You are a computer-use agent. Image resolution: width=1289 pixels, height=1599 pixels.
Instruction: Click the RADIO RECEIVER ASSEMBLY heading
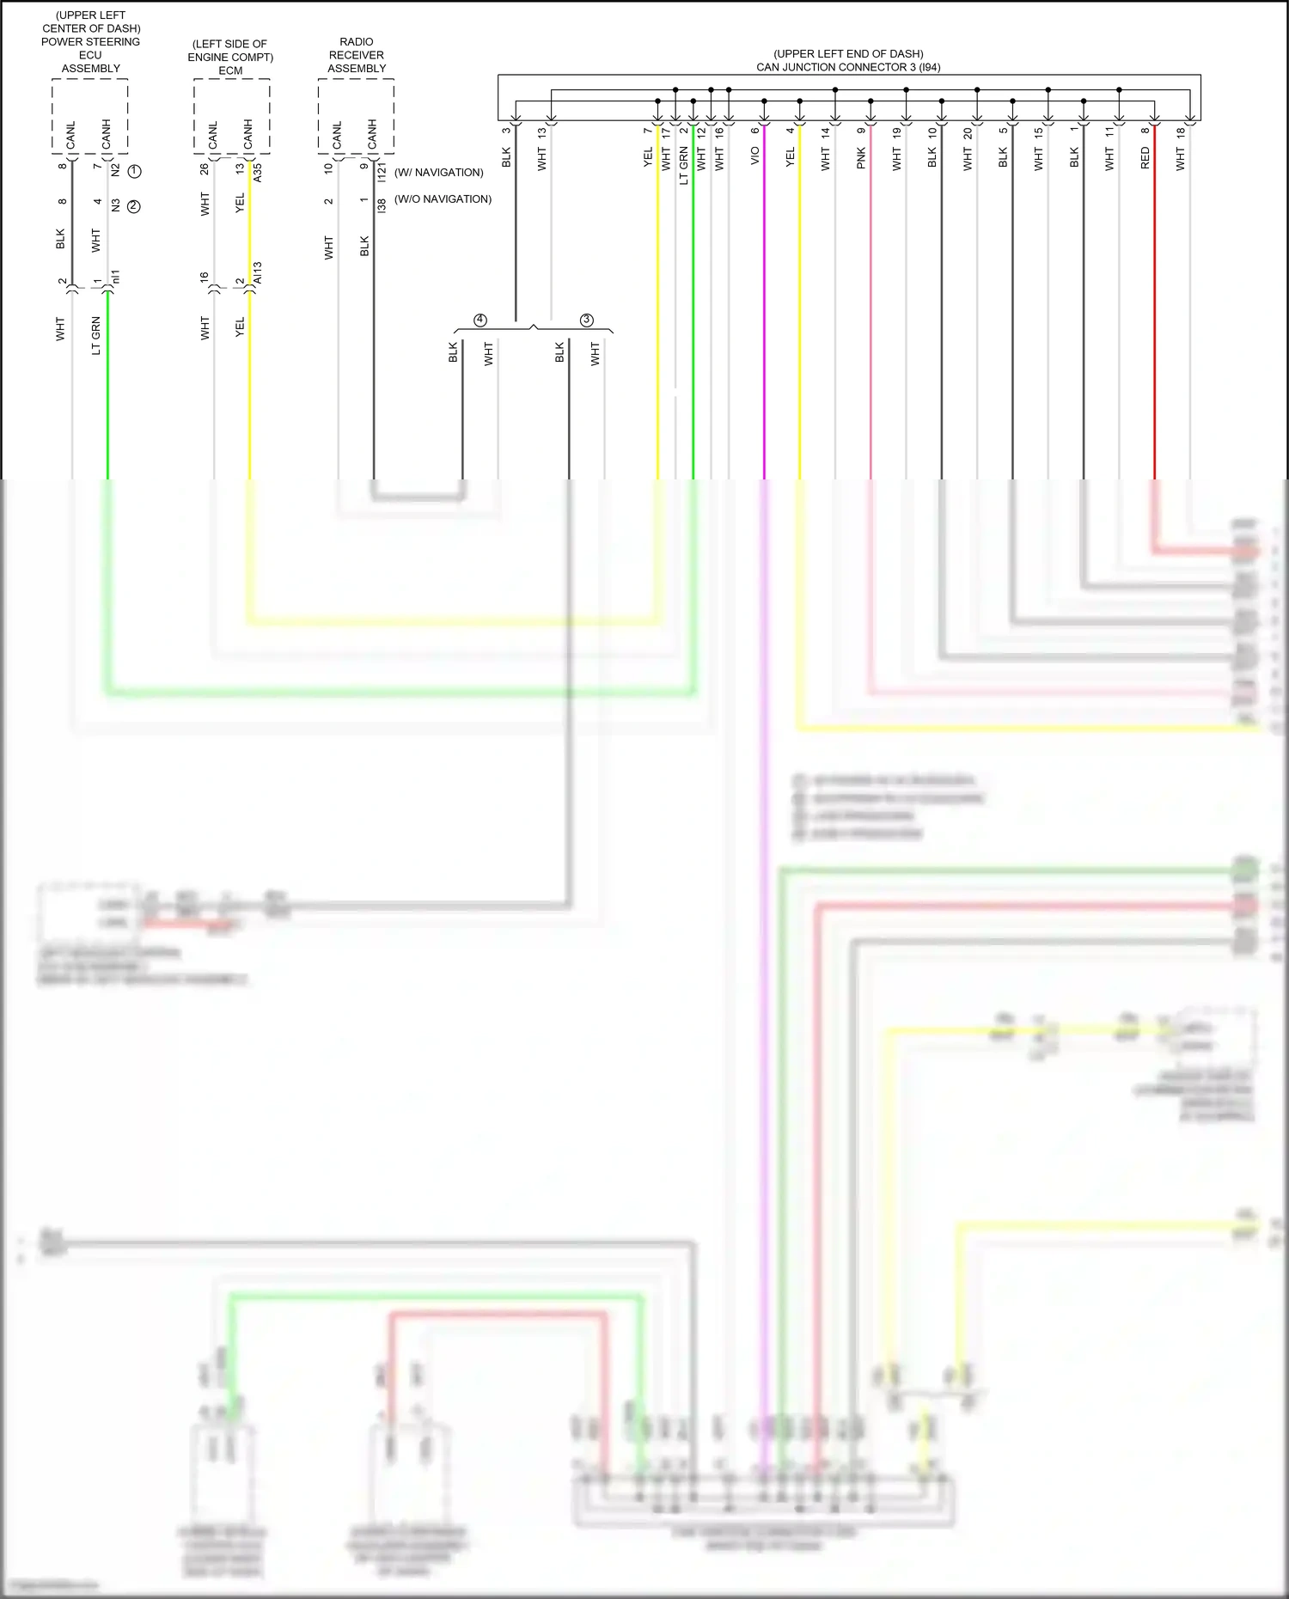(357, 55)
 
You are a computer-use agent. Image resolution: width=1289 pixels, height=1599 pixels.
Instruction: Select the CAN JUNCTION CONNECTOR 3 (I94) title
(848, 67)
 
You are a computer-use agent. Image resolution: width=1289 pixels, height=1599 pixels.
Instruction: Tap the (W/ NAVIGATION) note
(439, 173)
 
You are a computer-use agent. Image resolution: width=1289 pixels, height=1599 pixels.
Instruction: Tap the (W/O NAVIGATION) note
(443, 199)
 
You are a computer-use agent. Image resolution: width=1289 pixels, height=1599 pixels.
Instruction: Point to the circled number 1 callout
(134, 171)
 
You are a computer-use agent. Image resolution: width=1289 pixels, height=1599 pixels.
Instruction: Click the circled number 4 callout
(480, 320)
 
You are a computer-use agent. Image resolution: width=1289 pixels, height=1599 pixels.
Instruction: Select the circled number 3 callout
(587, 320)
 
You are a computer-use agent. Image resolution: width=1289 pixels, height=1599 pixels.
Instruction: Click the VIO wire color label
(755, 156)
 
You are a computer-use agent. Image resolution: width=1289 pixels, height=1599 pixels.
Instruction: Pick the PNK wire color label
(861, 158)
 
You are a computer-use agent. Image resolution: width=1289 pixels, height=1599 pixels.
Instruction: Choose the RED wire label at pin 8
(1145, 157)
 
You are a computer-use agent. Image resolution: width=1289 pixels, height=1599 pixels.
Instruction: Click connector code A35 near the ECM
(258, 172)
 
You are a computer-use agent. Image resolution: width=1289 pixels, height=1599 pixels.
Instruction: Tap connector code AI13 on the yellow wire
(258, 273)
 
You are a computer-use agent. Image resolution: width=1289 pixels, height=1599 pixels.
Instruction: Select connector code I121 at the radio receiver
(382, 171)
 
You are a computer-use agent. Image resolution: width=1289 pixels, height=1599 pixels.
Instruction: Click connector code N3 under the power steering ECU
(115, 205)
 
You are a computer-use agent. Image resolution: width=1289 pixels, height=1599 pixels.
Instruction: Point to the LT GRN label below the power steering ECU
(96, 335)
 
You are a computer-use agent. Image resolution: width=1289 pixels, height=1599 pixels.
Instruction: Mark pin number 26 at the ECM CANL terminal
(205, 169)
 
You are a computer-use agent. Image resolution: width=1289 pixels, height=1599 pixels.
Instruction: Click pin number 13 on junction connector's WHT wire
(541, 133)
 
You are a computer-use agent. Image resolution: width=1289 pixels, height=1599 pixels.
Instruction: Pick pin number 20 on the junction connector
(968, 133)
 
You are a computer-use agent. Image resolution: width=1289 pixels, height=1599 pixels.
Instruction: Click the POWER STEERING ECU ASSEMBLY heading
(91, 48)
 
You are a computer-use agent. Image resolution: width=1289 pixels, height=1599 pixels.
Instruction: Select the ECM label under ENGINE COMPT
(230, 70)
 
